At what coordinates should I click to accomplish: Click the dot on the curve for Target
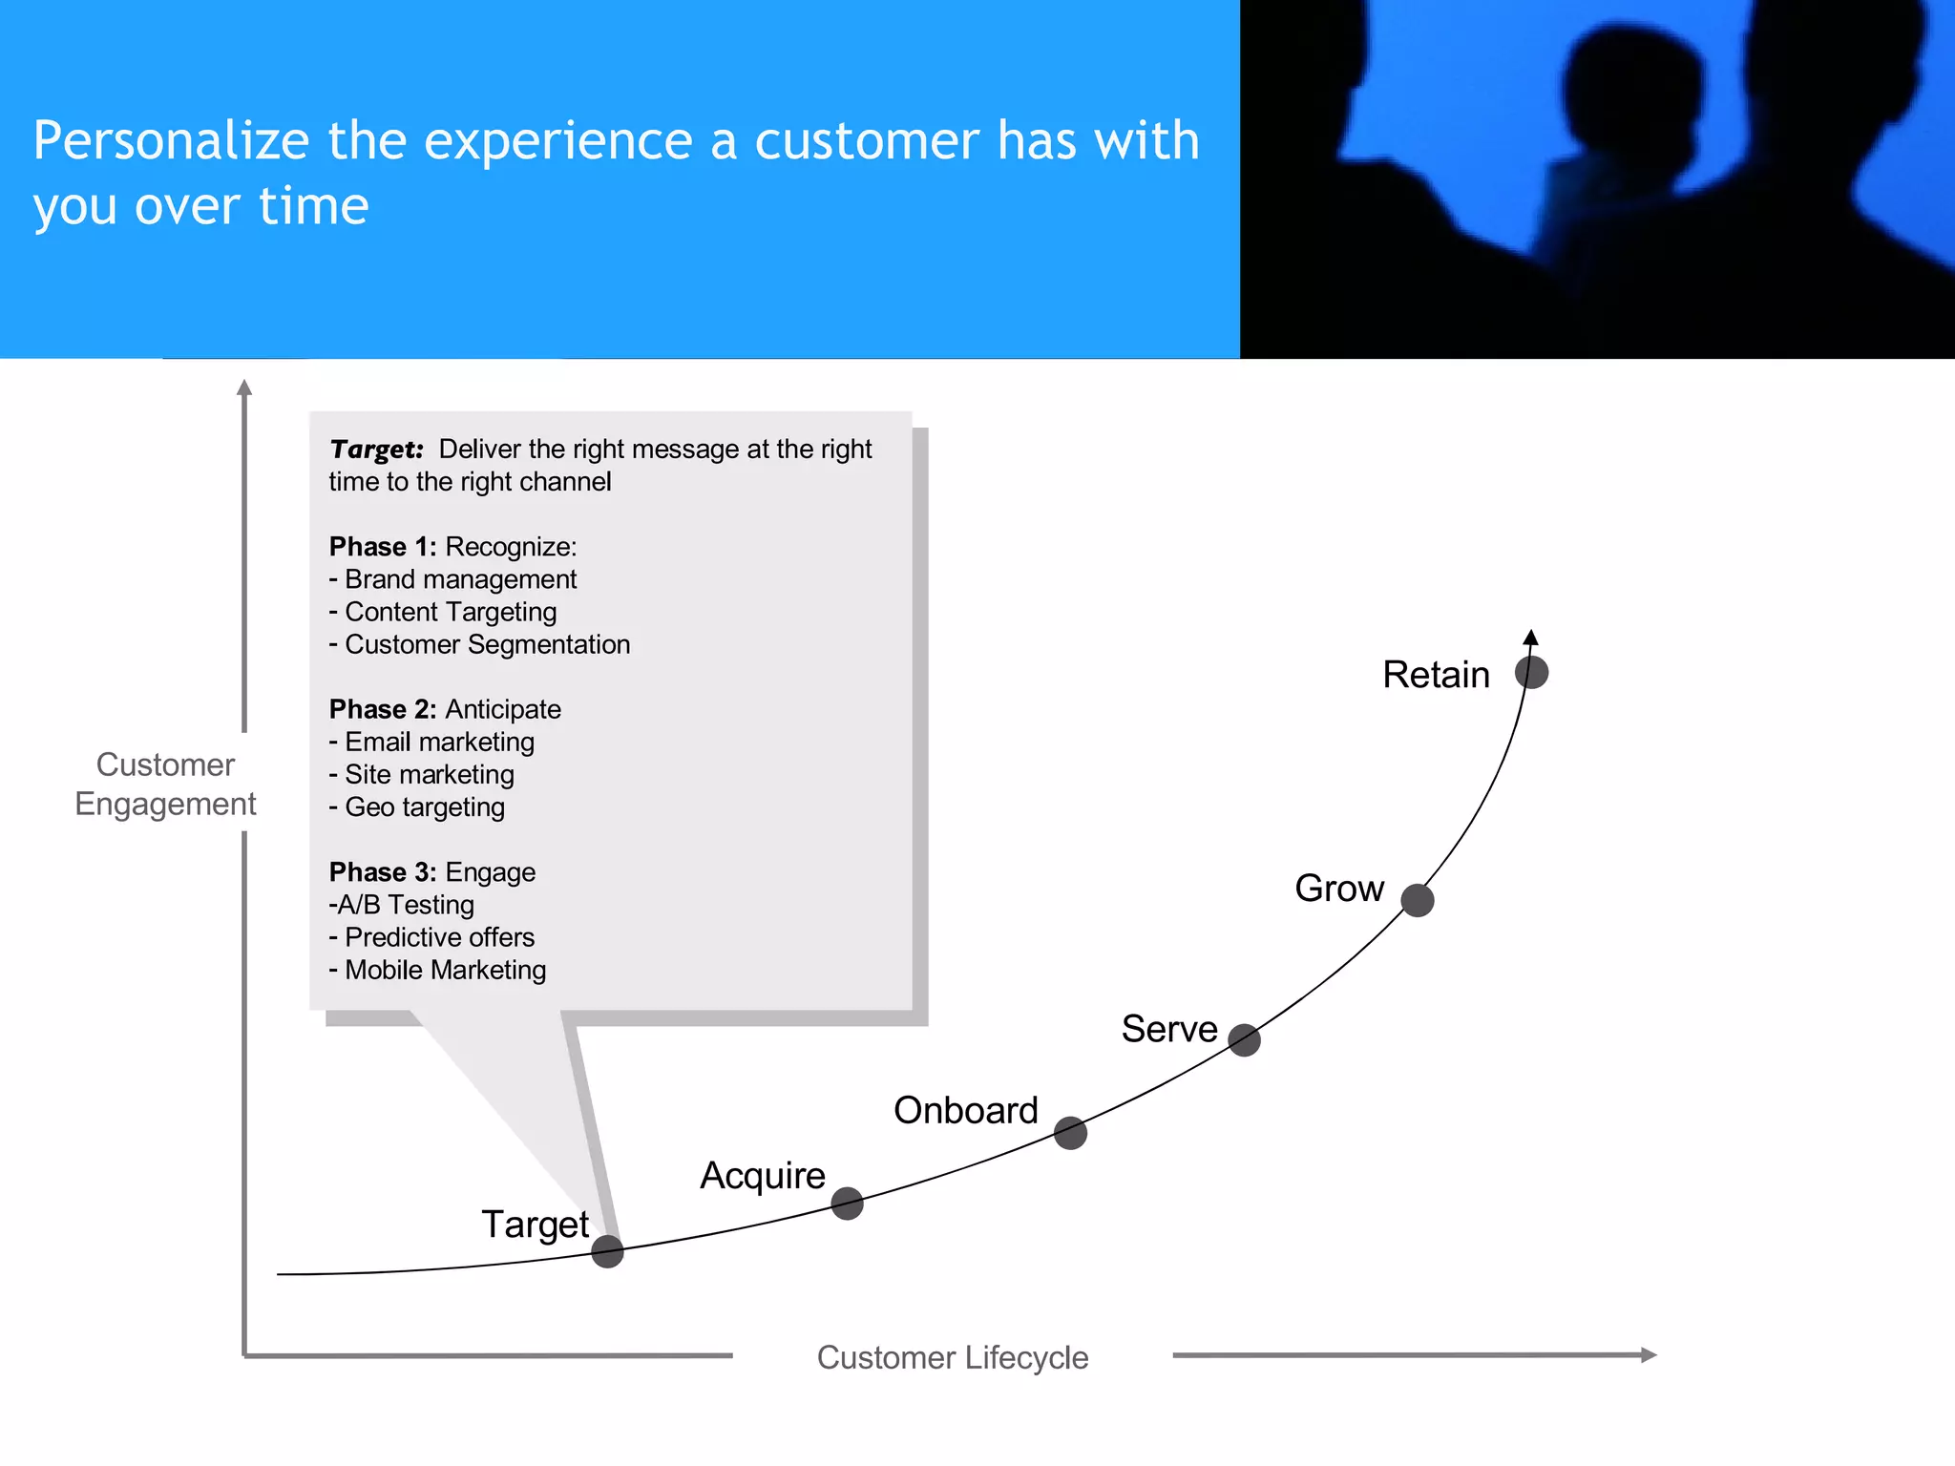[607, 1250]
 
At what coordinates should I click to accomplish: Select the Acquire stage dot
[847, 1204]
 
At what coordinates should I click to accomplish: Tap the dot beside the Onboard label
[1070, 1133]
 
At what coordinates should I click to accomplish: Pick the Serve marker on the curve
[1244, 1039]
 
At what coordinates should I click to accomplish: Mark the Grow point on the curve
[1418, 900]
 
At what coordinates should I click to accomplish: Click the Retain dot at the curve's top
[1531, 672]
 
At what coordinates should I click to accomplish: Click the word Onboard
[965, 1110]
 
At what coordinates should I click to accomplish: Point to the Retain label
[1436, 675]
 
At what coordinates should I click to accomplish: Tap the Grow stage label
[1338, 889]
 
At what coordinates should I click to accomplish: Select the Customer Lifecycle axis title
[953, 1357]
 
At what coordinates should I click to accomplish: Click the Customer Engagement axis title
[165, 785]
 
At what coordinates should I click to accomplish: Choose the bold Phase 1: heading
[382, 547]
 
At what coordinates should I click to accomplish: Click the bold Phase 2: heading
[382, 709]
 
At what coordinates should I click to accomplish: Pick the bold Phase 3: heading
[382, 872]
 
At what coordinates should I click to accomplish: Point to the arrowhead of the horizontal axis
[1649, 1354]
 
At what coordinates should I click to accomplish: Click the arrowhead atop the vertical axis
[244, 387]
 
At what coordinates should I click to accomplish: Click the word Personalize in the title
[172, 141]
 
